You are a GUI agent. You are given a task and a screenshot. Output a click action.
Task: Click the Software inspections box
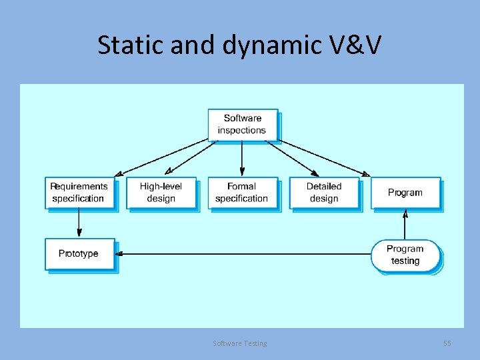pyautogui.click(x=242, y=125)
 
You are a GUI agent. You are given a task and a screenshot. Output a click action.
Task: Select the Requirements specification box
pyautogui.click(x=79, y=193)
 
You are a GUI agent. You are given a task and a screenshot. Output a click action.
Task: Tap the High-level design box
pyautogui.click(x=161, y=193)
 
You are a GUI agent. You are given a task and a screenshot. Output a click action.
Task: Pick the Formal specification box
pyautogui.click(x=242, y=193)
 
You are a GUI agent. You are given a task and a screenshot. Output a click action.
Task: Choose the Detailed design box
pyautogui.click(x=324, y=193)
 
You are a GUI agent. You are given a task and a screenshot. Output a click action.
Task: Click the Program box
pyautogui.click(x=405, y=193)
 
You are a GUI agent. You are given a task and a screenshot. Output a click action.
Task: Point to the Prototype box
pyautogui.click(x=79, y=254)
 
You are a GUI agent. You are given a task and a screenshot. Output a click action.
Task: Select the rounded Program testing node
pyautogui.click(x=405, y=255)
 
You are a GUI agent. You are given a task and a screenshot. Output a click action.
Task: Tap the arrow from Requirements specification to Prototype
pyautogui.click(x=79, y=223)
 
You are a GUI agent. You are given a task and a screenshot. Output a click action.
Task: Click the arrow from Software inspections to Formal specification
pyautogui.click(x=242, y=159)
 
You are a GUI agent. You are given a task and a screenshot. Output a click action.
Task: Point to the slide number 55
pyautogui.click(x=447, y=343)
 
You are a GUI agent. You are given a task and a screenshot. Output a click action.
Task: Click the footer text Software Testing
pyautogui.click(x=240, y=343)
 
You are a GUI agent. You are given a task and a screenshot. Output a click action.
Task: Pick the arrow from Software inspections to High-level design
pyautogui.click(x=192, y=157)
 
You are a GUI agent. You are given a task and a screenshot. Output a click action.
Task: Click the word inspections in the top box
pyautogui.click(x=242, y=131)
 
